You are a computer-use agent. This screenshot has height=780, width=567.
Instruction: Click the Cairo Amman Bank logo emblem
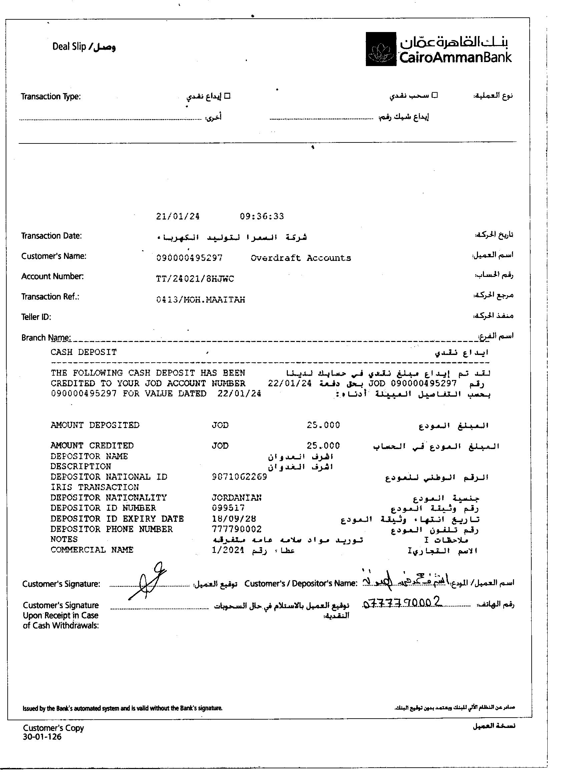[x=381, y=49]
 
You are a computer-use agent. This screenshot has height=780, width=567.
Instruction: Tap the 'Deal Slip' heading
[x=84, y=47]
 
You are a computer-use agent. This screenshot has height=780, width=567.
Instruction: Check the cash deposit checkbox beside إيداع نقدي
[x=227, y=96]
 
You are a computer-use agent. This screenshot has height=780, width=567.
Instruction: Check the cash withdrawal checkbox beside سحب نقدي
[x=435, y=95]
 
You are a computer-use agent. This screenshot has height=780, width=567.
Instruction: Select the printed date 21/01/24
[x=177, y=216]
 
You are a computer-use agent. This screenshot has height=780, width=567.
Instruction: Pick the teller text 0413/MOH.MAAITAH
[x=200, y=300]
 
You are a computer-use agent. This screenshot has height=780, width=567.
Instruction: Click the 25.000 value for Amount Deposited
[x=323, y=425]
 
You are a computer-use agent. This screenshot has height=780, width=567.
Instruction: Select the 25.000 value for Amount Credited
[x=323, y=446]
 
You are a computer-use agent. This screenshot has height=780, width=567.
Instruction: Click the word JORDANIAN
[x=236, y=498]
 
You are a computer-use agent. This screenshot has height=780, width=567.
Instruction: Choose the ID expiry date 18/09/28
[x=234, y=519]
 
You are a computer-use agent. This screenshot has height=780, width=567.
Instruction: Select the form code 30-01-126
[x=42, y=737]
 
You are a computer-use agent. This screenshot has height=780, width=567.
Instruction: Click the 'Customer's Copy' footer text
[x=53, y=728]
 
